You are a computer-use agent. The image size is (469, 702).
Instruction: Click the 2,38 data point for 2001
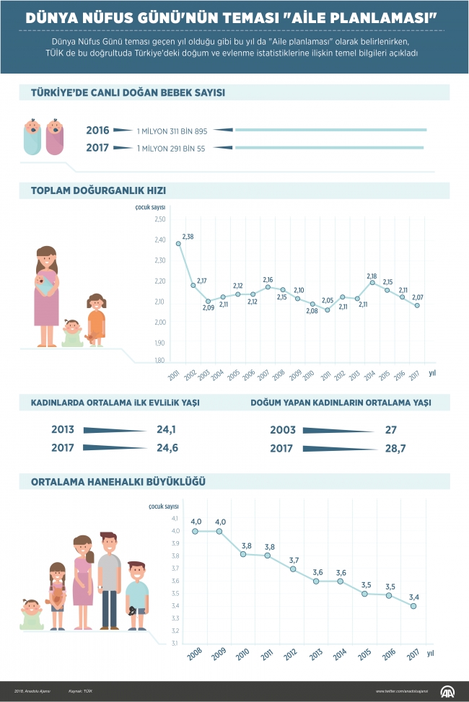pos(178,244)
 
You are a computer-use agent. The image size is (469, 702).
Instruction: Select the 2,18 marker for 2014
pos(372,283)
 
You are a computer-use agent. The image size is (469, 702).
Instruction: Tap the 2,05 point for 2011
pos(327,310)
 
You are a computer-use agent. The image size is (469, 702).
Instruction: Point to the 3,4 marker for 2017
pos(413,606)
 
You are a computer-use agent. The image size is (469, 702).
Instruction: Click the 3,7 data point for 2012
pos(292,569)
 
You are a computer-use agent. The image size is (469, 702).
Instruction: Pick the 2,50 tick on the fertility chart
pos(160,219)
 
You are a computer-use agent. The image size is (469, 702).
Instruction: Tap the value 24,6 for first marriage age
pos(167,448)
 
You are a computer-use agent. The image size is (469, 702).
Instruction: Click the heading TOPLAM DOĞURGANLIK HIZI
pos(98,191)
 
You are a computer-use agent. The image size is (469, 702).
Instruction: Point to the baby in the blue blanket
pos(32,137)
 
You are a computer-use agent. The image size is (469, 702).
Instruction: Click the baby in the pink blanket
pos(54,137)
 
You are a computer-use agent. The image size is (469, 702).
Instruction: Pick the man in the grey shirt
pos(109,581)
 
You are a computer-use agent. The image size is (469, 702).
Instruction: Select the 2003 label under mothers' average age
pos(283,430)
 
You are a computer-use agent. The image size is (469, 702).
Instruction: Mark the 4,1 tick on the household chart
pos(173,519)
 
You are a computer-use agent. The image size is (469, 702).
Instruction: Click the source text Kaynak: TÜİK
pos(81,691)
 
